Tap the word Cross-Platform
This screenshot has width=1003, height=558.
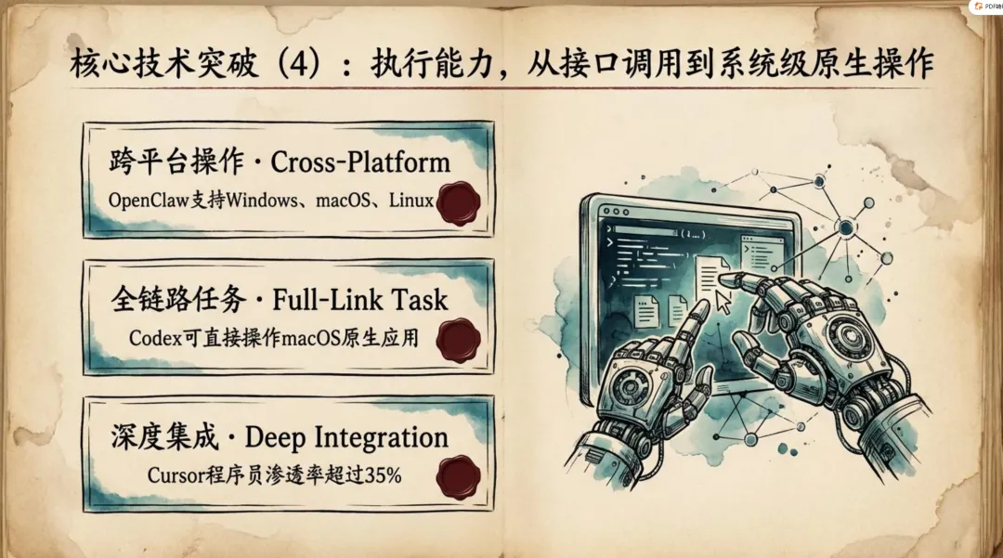tap(360, 162)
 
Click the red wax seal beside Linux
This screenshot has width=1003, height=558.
tap(458, 203)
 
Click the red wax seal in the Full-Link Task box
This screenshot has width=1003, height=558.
tap(458, 340)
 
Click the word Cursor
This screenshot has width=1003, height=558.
tap(171, 475)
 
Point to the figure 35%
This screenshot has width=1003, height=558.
tap(383, 475)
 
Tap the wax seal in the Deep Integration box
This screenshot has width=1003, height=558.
tap(458, 477)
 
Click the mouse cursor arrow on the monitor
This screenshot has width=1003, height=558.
tap(722, 300)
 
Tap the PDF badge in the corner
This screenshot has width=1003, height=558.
tap(985, 6)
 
